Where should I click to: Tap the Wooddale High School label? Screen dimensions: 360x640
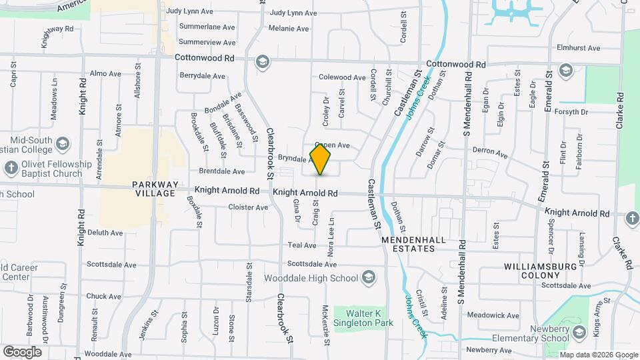(x=311, y=277)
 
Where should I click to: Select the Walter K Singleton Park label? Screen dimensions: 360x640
(x=363, y=317)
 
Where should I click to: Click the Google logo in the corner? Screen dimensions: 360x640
(x=22, y=351)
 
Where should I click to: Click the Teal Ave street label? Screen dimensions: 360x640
(x=297, y=245)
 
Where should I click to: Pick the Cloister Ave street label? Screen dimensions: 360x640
(x=248, y=207)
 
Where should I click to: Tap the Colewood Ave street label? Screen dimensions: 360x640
(x=343, y=77)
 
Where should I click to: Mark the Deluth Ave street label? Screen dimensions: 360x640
(x=105, y=233)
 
